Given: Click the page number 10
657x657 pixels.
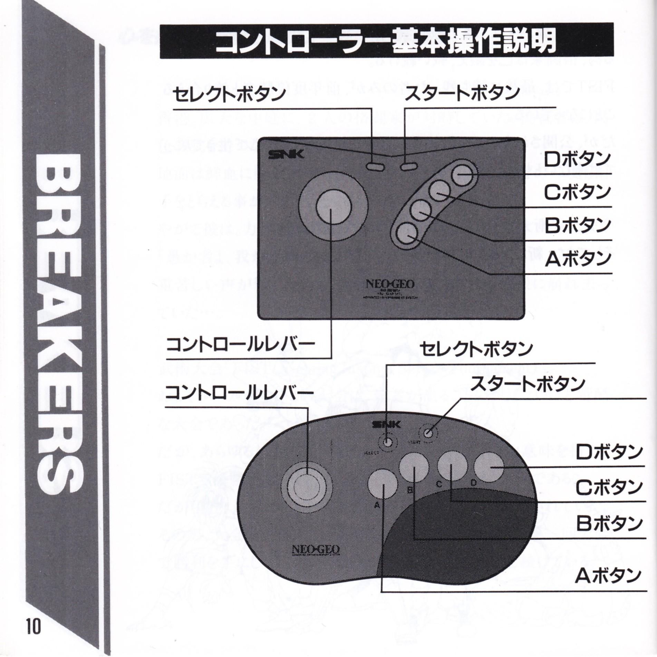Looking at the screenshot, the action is pos(33,624).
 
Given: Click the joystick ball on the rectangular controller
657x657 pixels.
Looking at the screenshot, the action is pos(334,207).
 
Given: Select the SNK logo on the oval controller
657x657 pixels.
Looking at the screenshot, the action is pos(386,424).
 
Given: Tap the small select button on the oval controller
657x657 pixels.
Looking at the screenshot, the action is pos(387,442).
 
